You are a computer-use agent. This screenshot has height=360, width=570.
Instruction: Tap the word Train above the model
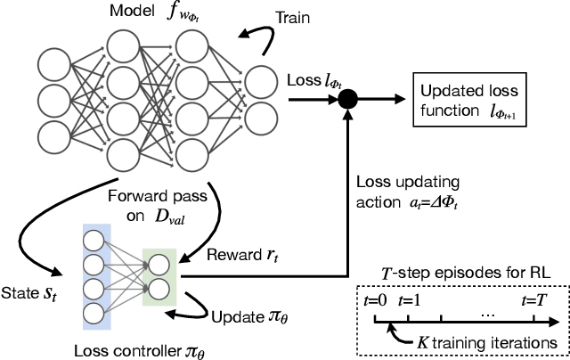pos(293,17)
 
